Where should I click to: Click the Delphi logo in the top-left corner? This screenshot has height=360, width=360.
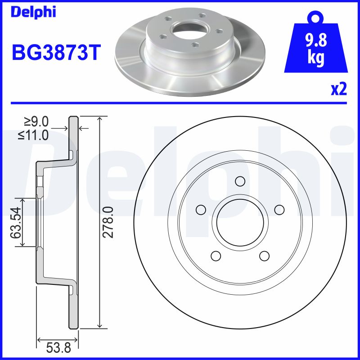pos(33,12)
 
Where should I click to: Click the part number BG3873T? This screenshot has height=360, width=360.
pos(56,52)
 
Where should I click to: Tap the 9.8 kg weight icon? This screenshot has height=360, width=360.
pos(316,44)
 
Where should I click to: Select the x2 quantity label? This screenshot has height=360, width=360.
pos(339,90)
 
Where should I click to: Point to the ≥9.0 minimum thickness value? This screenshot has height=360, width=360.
pos(36,121)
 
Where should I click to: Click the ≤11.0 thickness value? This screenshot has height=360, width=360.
pos(33,135)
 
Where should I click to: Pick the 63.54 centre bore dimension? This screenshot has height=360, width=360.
pos(16,223)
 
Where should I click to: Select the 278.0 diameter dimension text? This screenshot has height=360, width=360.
pos(108,222)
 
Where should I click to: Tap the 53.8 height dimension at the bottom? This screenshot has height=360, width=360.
pos(58,348)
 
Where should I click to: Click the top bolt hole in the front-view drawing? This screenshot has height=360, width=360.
pos(240,181)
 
